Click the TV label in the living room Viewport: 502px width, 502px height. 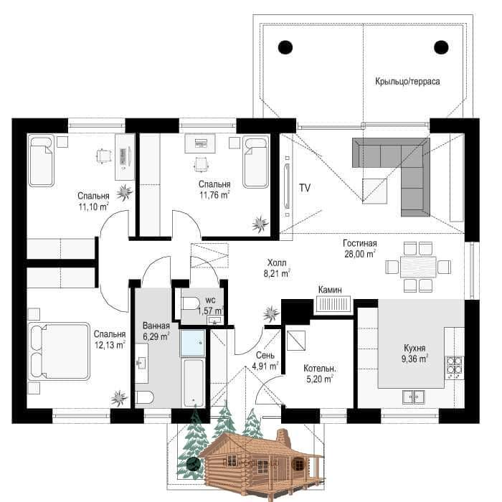pos(305,188)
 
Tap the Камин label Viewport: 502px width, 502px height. pos(330,290)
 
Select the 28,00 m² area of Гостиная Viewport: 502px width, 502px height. pos(360,254)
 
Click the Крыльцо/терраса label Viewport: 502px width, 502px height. pos(407,81)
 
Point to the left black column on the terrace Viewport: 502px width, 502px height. pos(285,48)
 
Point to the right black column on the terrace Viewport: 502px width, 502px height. pos(441,48)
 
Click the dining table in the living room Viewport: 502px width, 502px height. pos(418,267)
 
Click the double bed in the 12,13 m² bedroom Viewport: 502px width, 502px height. pos(59,351)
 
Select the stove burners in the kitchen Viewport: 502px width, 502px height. pos(455,366)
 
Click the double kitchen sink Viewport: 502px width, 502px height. pos(414,397)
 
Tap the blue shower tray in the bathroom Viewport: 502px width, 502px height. pos(193,343)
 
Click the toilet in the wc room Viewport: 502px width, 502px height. pos(190,303)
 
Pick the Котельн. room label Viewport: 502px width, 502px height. pos(320,369)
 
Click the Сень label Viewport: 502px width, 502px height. pos(265,355)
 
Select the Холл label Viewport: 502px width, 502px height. pos(277,263)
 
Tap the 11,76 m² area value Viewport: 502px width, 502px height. pos(214,195)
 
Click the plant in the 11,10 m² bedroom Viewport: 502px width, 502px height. pos(124,193)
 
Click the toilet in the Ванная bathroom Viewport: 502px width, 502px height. pos(144,397)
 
